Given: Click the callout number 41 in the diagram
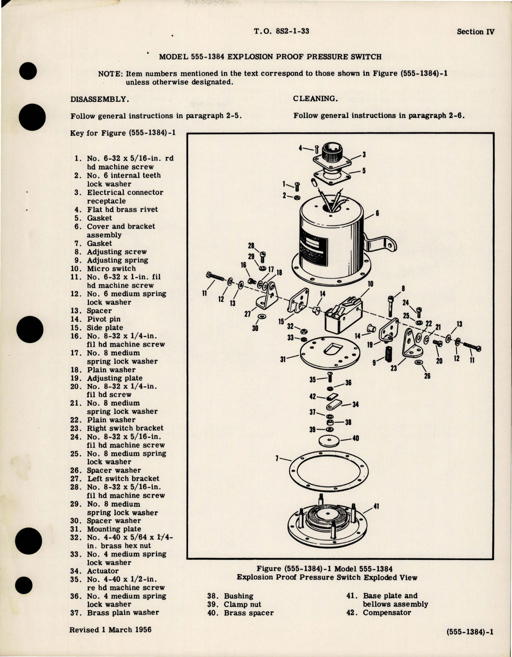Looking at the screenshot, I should (376, 506).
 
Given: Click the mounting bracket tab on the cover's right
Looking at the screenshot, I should (382, 245).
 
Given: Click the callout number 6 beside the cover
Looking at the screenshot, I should (377, 214).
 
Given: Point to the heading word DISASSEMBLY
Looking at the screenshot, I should (100, 99).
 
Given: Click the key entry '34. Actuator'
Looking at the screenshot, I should (95, 571).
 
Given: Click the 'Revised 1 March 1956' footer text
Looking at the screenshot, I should (111, 629).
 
